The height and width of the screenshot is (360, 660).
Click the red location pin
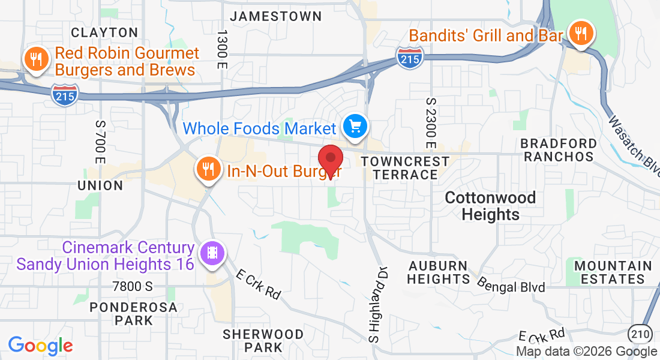pos(329,160)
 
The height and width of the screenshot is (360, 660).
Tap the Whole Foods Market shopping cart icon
pos(355,127)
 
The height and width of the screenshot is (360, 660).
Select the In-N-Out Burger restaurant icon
pos(208,170)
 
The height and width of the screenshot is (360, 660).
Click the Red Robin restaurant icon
pos(36,59)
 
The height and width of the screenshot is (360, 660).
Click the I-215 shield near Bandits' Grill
pos(409,56)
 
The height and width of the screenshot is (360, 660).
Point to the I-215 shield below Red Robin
pos(65,95)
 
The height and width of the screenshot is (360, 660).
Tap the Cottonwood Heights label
pos(491,206)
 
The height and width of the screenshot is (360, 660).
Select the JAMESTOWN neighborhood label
pos(276,16)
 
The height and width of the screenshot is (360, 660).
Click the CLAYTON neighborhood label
pos(104,32)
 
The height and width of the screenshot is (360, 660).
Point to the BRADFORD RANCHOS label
pos(559,150)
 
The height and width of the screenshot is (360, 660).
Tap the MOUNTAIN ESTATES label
pos(613,272)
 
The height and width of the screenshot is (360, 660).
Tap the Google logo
pos(40,346)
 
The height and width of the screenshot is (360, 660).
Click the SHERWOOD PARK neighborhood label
pos(263,340)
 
